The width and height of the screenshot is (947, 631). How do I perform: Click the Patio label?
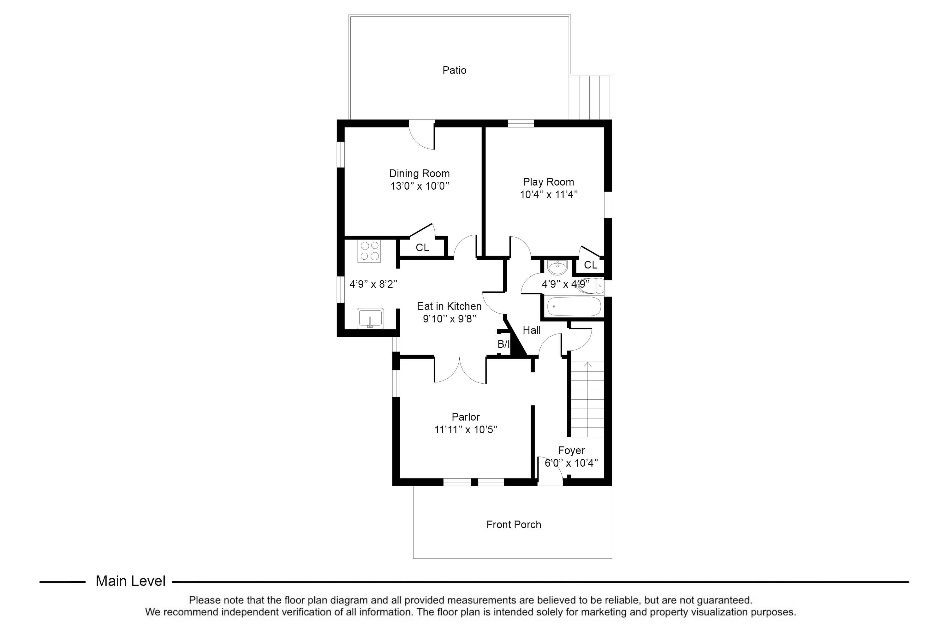pos(454,70)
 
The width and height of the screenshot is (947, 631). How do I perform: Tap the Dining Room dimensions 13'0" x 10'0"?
pos(420,186)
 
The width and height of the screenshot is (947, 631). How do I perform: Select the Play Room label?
pos(548,182)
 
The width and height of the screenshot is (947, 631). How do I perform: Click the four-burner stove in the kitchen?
pos(370,251)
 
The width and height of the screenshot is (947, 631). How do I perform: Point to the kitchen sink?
pos(370,318)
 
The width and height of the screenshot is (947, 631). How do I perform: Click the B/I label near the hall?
pos(503,344)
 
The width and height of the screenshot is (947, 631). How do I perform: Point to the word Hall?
pos(532,330)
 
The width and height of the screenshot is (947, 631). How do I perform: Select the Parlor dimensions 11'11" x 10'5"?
pos(466,429)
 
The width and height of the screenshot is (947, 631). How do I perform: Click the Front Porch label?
pos(514,524)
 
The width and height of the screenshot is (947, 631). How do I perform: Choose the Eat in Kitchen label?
pos(449,306)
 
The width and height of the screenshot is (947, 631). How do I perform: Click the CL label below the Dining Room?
pos(422,247)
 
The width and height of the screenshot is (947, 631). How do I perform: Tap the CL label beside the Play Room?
pos(591,265)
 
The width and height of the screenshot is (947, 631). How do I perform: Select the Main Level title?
pos(130,581)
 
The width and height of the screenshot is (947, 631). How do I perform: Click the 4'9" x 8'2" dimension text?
pos(373,284)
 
